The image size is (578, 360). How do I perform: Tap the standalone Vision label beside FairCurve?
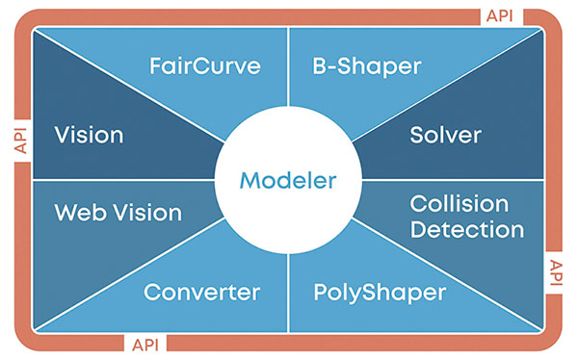89,135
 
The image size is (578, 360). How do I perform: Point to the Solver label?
445,135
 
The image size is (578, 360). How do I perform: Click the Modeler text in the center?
288,180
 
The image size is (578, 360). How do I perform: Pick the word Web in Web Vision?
78,212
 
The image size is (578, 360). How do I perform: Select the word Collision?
459,204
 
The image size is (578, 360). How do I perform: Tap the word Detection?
466,230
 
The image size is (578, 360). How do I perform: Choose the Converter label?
201,292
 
